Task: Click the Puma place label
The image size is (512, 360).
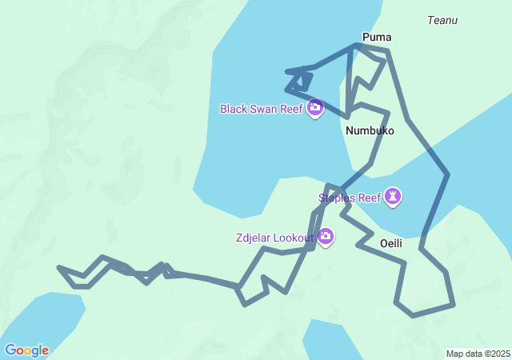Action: point(377,37)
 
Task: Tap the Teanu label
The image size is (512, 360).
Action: point(442,20)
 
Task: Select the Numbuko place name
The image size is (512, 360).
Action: point(370,130)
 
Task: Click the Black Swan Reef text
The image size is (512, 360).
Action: point(262,109)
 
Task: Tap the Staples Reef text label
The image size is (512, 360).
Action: point(349,198)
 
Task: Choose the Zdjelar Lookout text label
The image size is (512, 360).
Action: point(274,238)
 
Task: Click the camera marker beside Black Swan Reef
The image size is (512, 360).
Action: point(315,107)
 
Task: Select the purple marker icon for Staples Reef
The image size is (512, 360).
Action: point(393,195)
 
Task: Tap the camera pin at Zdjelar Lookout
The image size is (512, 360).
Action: point(326,236)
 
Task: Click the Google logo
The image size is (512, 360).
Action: point(26,350)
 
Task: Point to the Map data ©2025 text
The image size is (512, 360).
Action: point(478,354)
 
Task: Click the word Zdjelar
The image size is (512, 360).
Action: point(254,238)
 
